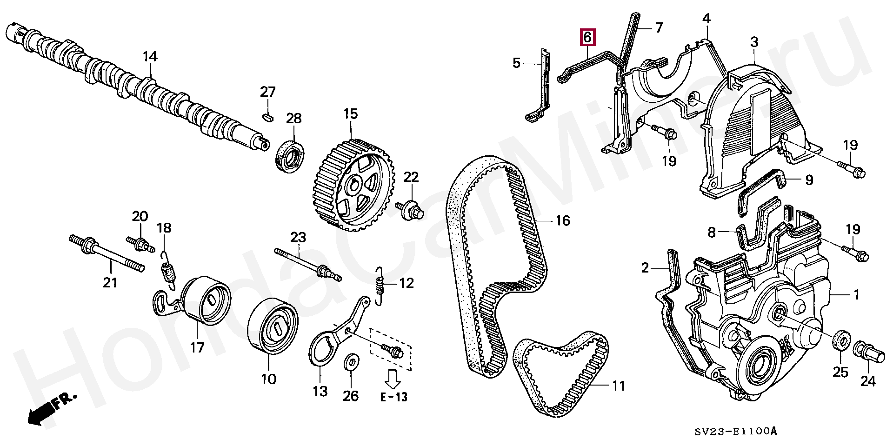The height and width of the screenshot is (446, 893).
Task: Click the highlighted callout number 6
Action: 587,37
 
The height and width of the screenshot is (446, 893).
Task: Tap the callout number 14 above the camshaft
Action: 150,57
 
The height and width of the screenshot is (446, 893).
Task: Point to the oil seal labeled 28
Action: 291,156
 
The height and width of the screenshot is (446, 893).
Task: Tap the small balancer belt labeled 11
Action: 560,372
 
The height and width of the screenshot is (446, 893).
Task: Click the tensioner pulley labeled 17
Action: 205,300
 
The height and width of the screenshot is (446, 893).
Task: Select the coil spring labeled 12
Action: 380,286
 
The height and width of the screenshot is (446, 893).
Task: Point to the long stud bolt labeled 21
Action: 107,253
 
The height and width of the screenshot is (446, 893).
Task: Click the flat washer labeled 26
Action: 351,361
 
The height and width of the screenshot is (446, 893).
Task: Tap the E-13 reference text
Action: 393,397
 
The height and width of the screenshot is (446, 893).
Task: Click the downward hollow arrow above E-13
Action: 393,378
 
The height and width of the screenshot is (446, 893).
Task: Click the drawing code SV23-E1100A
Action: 735,431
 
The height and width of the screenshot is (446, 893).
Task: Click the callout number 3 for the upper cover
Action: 754,42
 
